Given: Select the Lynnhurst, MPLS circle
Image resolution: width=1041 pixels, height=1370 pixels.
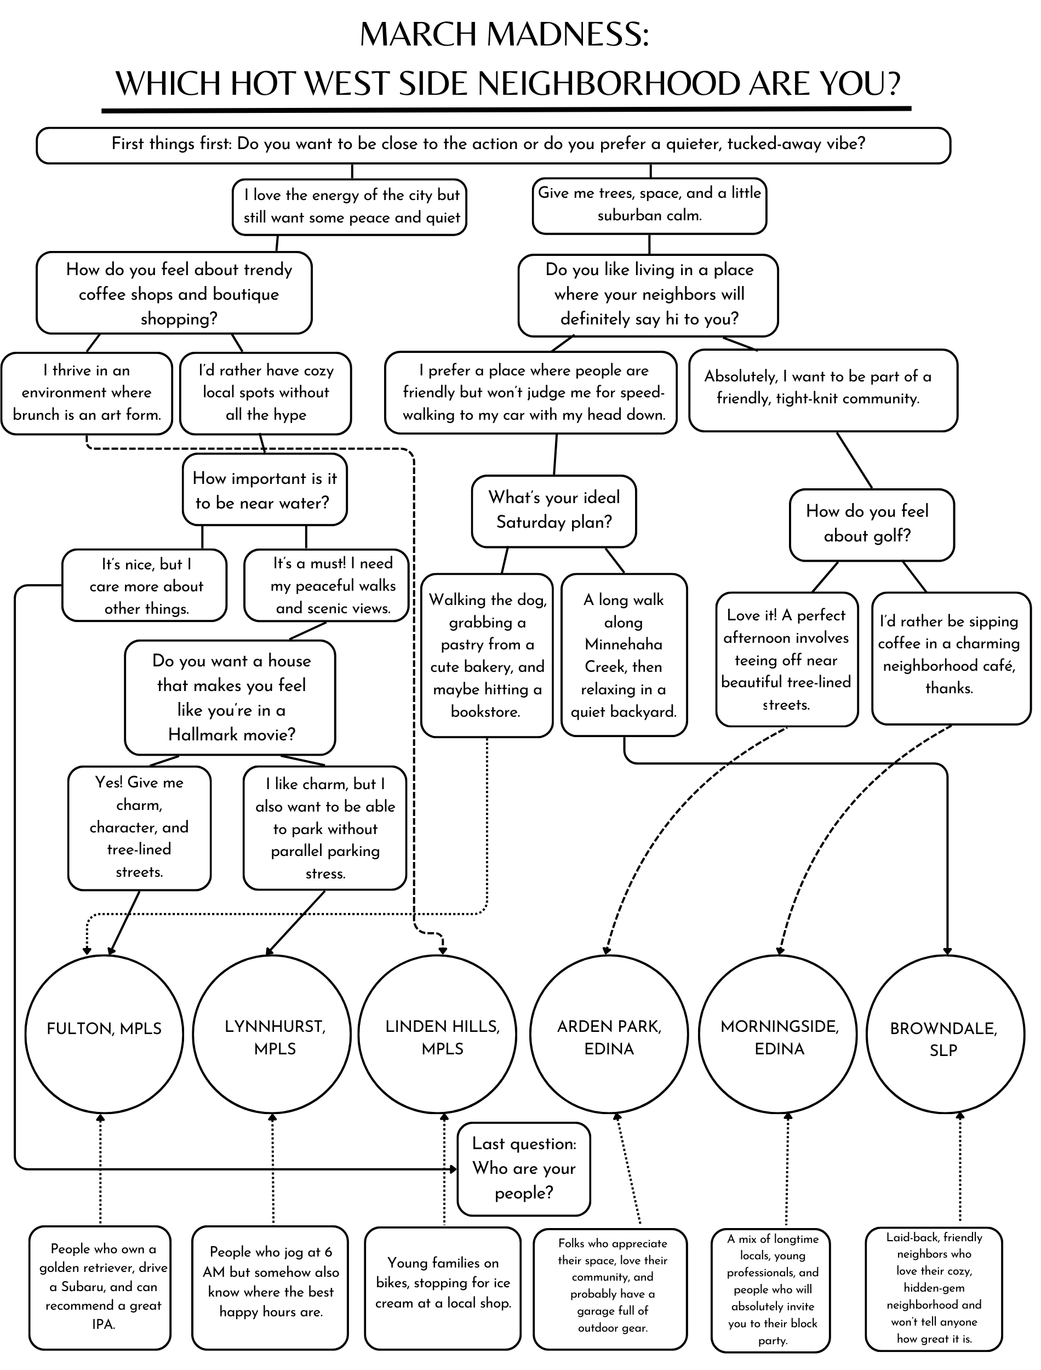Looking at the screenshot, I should point(272,1034).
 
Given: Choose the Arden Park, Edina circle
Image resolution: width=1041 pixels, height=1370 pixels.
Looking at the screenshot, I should point(609,1034).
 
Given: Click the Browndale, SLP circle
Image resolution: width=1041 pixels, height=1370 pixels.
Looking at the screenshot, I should point(945,1034).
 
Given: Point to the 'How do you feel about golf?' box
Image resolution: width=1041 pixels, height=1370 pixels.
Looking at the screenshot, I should point(871,524).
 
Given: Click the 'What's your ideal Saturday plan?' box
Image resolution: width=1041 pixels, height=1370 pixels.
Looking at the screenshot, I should point(553,511).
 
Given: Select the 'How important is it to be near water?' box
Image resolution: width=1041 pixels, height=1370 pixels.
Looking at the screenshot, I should point(265,490).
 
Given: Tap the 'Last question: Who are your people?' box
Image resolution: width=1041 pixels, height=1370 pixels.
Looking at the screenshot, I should point(524,1169).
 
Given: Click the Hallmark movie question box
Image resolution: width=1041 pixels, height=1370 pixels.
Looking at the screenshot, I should point(230,697).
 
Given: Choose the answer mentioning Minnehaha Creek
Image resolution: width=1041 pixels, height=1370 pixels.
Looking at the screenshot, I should point(624,655).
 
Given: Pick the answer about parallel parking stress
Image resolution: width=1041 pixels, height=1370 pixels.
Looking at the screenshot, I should point(325,828).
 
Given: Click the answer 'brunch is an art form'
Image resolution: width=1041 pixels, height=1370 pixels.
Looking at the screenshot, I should point(86,393).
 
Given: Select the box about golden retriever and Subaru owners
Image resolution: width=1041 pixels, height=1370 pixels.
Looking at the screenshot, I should point(100,1286).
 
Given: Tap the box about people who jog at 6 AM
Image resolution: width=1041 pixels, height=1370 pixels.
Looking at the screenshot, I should point(271,1286).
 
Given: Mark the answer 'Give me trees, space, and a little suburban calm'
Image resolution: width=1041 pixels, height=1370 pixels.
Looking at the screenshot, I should point(649,205).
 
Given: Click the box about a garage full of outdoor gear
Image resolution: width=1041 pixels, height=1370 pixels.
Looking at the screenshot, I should point(611,1289).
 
